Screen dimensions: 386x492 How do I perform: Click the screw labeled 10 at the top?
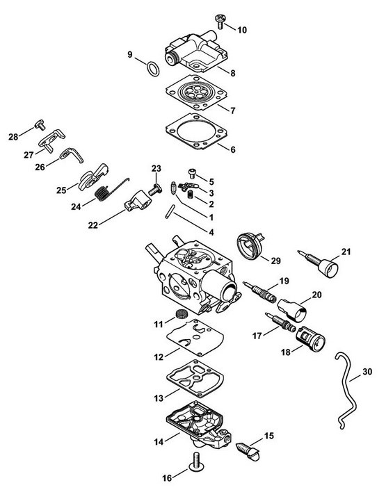219,21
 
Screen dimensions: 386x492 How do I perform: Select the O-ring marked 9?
153,68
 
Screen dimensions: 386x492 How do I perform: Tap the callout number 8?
233,73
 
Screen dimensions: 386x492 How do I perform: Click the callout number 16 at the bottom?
167,478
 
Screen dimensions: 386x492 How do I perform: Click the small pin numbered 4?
169,211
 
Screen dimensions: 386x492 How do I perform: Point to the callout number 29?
275,261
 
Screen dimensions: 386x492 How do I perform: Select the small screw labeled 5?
192,173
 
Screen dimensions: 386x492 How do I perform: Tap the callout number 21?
346,252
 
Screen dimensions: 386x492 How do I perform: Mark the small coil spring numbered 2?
191,195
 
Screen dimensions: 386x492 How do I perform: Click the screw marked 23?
155,189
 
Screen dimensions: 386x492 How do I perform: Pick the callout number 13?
159,398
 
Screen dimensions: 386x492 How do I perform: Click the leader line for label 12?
172,352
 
